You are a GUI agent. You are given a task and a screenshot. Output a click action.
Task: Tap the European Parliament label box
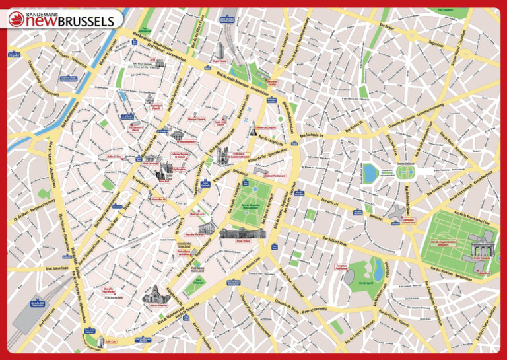pyautogui.click(x=341, y=268)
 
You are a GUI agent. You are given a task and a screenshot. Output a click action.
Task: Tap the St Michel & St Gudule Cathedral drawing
pyautogui.click(x=223, y=156)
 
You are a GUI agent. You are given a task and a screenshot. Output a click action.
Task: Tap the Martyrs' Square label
pyautogui.click(x=197, y=119)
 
